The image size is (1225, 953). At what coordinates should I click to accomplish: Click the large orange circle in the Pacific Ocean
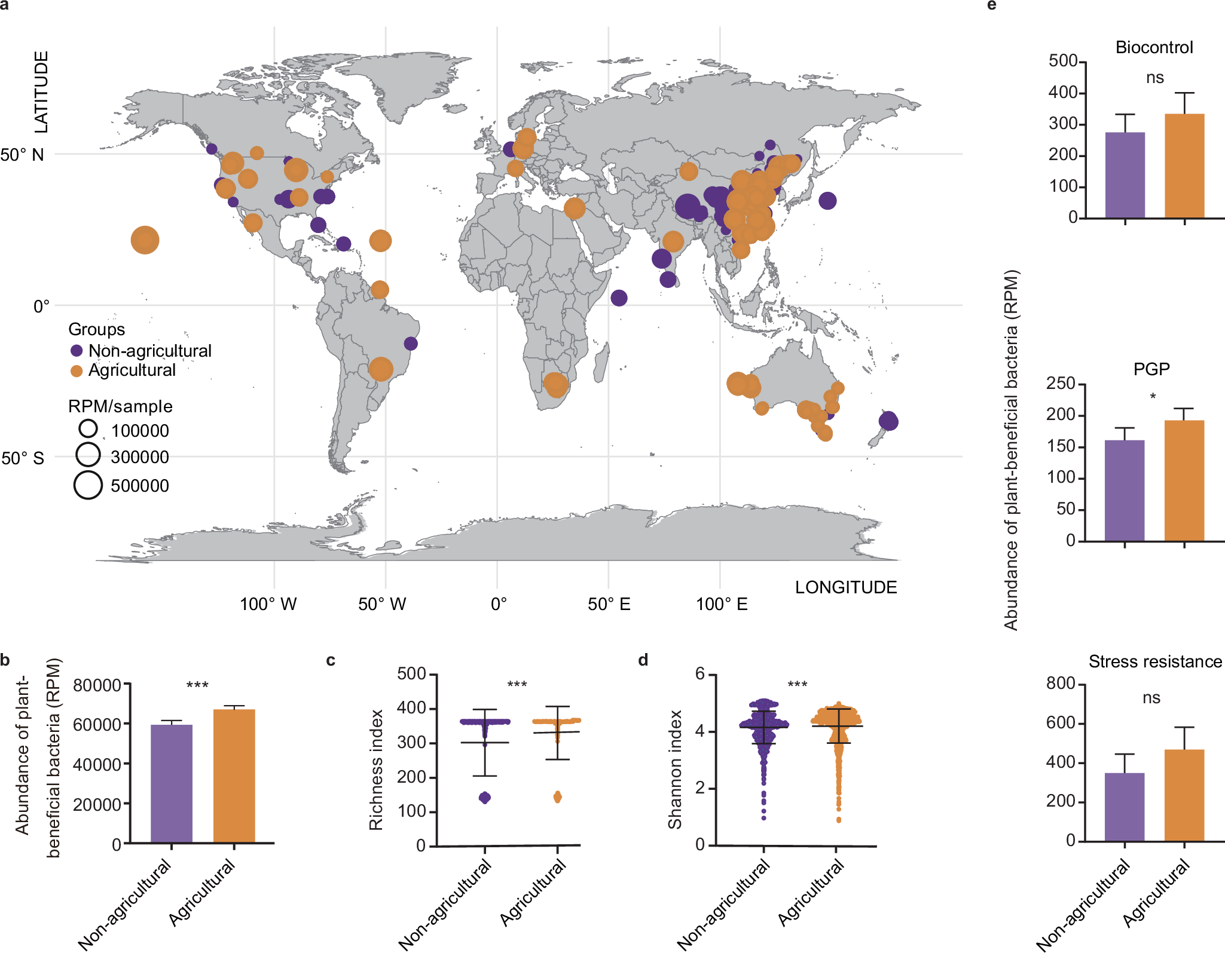coord(145,240)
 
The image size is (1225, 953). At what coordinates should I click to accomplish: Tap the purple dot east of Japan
coord(827,201)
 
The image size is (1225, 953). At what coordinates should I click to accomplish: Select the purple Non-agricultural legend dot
coord(77,351)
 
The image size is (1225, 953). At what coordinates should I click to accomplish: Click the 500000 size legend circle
coord(88,485)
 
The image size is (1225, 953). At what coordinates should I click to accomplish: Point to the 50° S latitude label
coord(23,458)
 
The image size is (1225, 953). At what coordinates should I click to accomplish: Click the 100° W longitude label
coord(268,604)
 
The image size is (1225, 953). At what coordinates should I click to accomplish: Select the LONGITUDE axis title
coord(845,587)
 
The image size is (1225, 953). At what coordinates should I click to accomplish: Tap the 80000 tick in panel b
coord(97,685)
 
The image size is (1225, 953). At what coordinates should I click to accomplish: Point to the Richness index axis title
coord(375,770)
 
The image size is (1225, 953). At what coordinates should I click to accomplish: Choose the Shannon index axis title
coord(674,770)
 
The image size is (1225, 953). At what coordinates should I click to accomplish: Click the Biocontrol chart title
coord(1154,47)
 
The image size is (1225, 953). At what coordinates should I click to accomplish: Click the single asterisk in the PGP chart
coord(1153,397)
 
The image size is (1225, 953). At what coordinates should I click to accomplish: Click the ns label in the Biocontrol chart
coord(1154,78)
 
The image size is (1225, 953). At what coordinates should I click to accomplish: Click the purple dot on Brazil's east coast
coord(411,344)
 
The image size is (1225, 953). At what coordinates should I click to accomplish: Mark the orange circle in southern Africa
coord(556,384)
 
